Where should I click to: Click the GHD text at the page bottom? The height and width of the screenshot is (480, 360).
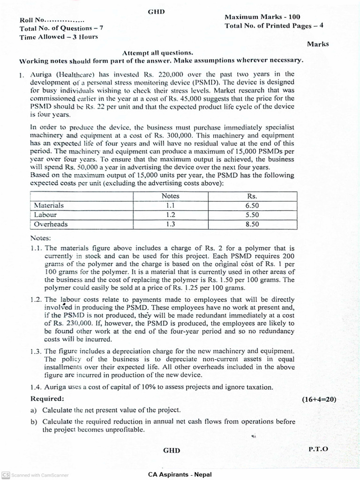point(171,450)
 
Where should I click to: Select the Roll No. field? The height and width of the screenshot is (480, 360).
point(52,20)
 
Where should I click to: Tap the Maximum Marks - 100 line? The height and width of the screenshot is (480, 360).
point(262,17)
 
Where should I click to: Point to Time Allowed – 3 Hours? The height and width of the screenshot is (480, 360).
point(59,37)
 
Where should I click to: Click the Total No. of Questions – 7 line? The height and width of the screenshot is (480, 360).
point(61,29)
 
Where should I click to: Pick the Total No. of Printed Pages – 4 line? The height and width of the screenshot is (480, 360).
point(274,26)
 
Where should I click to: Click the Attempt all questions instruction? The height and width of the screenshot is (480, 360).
point(157,53)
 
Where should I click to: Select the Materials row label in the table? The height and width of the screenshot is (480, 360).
point(49,205)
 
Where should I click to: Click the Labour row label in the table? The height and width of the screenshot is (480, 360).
point(45,215)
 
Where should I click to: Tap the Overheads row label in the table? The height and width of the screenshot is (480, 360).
point(51,224)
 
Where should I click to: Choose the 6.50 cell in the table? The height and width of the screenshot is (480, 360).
point(252,205)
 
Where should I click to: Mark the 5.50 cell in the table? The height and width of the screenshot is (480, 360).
point(252,215)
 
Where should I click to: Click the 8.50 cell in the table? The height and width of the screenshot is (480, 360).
point(252,224)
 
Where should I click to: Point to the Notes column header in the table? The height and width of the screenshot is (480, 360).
point(170,196)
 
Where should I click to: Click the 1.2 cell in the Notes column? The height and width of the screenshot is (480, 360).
point(170,215)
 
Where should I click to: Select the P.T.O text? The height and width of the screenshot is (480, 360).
point(318,449)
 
